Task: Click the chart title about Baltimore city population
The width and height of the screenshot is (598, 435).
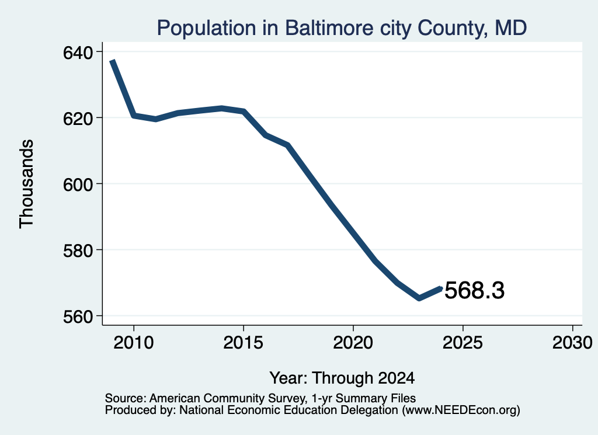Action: (x=342, y=28)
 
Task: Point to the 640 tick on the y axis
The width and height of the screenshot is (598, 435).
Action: (x=78, y=53)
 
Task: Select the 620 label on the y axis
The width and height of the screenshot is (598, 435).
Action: (x=78, y=119)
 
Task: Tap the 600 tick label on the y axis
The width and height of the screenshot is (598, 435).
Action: (x=78, y=185)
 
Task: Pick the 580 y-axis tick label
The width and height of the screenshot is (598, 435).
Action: (x=78, y=250)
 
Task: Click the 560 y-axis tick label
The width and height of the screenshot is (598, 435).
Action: (x=78, y=316)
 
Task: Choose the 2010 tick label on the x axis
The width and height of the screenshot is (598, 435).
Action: (x=134, y=342)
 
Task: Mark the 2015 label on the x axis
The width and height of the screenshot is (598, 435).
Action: (x=244, y=342)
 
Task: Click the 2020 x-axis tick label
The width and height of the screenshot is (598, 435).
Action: (x=353, y=342)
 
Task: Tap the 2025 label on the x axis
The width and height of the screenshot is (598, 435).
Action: (x=463, y=342)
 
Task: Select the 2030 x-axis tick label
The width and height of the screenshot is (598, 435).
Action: (x=572, y=342)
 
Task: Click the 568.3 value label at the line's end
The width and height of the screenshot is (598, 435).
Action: (x=474, y=290)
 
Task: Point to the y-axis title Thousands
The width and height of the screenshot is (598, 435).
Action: (x=26, y=184)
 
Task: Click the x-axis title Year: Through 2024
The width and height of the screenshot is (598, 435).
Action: (x=342, y=378)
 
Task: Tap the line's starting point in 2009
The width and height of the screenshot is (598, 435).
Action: (x=112, y=61)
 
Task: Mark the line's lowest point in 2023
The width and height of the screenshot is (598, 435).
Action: (x=419, y=298)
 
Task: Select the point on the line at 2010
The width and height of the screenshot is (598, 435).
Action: (x=134, y=116)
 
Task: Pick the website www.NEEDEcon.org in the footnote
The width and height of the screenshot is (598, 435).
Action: (x=461, y=410)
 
